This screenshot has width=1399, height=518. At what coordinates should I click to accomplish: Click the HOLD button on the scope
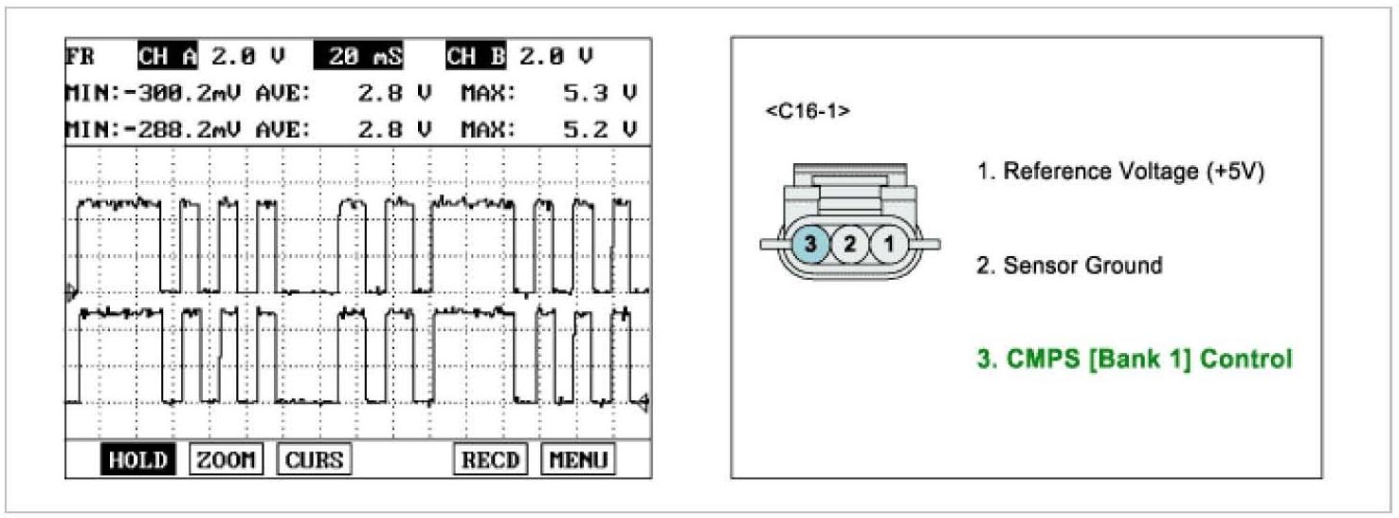tap(138, 459)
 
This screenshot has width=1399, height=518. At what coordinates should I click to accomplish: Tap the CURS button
tap(314, 459)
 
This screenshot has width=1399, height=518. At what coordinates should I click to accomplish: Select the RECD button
tap(490, 459)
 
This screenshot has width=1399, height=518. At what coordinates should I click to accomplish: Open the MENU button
tap(578, 459)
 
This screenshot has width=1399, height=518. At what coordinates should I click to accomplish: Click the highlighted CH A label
tap(168, 56)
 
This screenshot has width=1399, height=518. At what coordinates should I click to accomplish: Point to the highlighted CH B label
tap(476, 56)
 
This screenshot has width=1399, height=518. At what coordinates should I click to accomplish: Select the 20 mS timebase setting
tap(358, 56)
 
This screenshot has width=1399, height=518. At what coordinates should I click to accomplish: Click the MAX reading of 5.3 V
tap(600, 94)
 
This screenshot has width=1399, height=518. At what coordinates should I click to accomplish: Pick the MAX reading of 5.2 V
tap(600, 130)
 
